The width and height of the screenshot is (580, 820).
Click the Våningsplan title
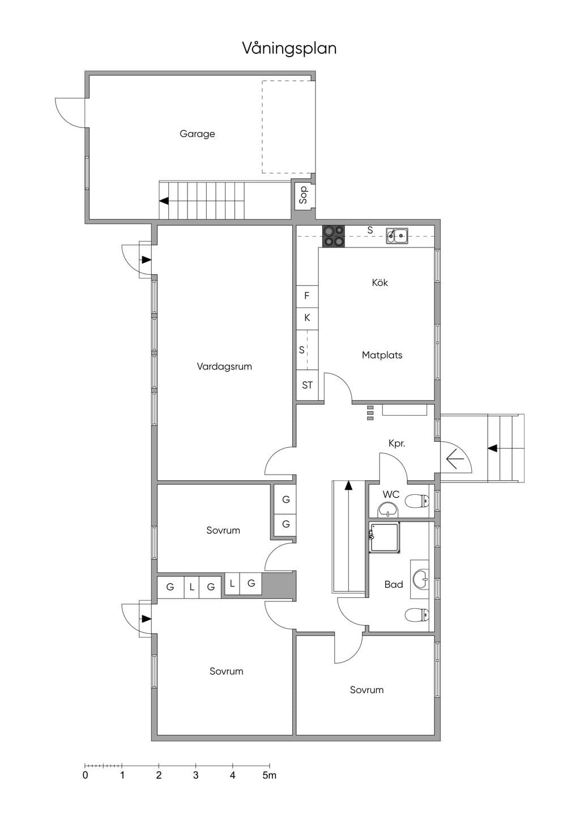click(289, 49)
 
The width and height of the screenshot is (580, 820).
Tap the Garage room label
click(197, 134)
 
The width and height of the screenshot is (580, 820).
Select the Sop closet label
click(303, 195)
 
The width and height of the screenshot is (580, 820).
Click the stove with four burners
click(334, 236)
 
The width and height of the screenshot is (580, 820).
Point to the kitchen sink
click(397, 236)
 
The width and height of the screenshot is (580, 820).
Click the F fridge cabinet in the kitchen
click(307, 296)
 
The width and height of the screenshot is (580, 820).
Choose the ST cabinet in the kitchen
click(307, 385)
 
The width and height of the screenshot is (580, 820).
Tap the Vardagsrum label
click(224, 366)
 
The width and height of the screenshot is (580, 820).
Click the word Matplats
click(382, 355)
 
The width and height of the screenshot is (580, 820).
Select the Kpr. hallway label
click(397, 443)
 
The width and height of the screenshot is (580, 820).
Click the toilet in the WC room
click(417, 501)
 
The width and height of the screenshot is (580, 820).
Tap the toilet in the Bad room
click(417, 614)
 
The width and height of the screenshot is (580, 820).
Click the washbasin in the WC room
click(388, 510)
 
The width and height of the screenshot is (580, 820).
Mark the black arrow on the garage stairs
click(164, 200)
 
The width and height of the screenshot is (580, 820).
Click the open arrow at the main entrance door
click(455, 458)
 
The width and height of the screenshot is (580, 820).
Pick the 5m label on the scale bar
click(269, 775)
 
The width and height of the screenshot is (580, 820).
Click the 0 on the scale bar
click(86, 775)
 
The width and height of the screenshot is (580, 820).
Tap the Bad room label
click(394, 584)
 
